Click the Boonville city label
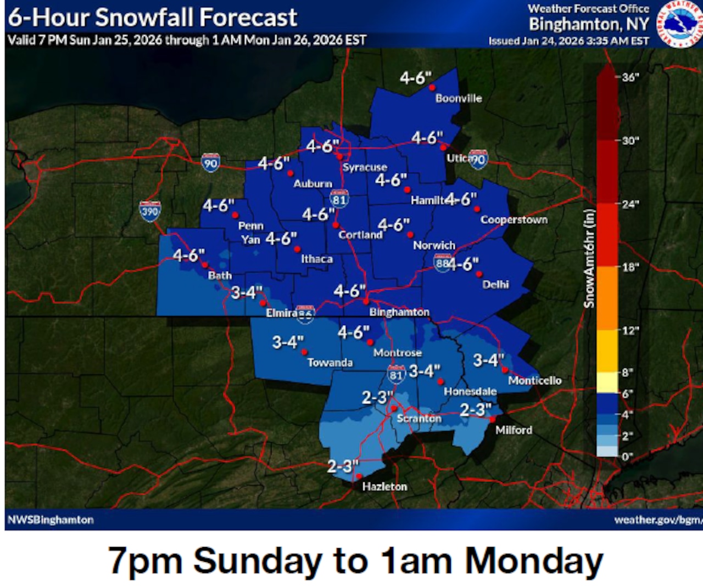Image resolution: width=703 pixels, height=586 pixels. [459, 98]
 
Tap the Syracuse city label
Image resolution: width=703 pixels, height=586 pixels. [365, 167]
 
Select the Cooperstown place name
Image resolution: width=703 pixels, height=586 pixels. [514, 219]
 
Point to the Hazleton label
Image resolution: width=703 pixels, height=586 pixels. [384, 486]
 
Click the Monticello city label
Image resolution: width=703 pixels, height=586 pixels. [535, 380]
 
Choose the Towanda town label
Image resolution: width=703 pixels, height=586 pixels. [330, 362]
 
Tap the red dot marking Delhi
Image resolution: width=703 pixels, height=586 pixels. [479, 274]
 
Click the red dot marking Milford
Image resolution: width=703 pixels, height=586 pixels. [493, 420]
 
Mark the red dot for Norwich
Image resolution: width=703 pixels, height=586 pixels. [410, 235]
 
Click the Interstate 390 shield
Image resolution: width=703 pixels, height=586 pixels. [149, 211]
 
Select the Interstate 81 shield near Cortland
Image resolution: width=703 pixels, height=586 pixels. [339, 199]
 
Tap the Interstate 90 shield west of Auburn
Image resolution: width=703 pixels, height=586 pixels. [210, 162]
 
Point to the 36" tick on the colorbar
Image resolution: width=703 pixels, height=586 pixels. [630, 77]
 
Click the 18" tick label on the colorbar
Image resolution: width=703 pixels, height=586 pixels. [630, 267]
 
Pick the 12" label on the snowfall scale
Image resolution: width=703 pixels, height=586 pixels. [630, 330]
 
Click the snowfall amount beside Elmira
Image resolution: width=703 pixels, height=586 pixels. [247, 292]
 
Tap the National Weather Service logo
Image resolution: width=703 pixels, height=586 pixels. [680, 24]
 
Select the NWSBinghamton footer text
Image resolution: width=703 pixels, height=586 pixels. [51, 520]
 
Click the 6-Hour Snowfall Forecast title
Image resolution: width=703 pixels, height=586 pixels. [152, 18]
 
